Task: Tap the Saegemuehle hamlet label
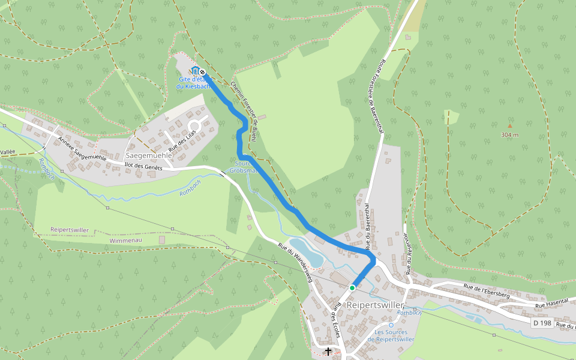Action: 149,155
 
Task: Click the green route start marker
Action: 352,288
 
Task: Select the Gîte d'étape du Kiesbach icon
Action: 195,71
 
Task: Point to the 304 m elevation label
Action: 509,135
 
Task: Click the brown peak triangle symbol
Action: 510,126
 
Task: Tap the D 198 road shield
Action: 542,323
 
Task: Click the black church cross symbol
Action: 328,351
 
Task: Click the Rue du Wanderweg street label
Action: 296,262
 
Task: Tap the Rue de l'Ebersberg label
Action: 487,291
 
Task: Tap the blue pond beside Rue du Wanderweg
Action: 307,252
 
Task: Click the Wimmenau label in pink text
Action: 125,241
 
